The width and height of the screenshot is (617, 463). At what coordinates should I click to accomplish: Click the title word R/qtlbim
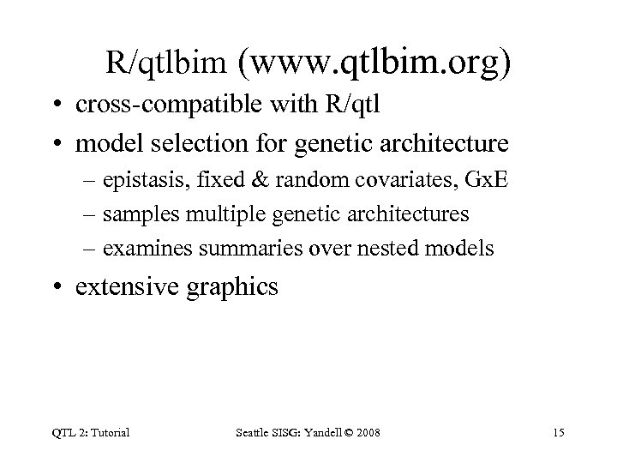(167, 62)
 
